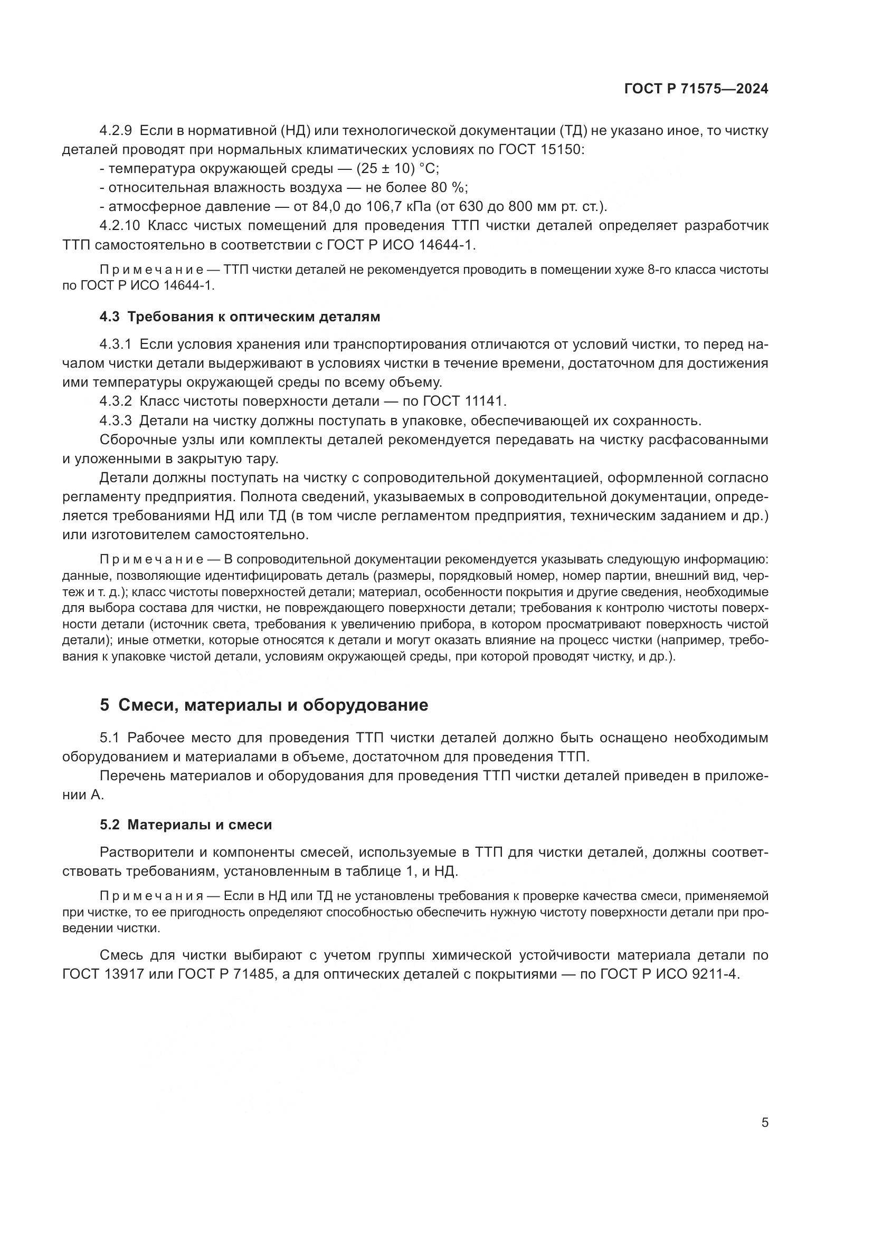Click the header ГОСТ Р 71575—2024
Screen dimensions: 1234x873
point(696,89)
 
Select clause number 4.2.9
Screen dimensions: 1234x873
point(116,131)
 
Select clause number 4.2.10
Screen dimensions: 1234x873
point(119,226)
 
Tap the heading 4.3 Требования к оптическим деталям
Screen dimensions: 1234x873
point(240,317)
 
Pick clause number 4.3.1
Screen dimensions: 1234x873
point(116,344)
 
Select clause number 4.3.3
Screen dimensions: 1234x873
point(116,420)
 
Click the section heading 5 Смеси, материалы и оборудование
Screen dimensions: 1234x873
point(264,705)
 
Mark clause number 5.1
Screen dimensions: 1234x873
point(111,738)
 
